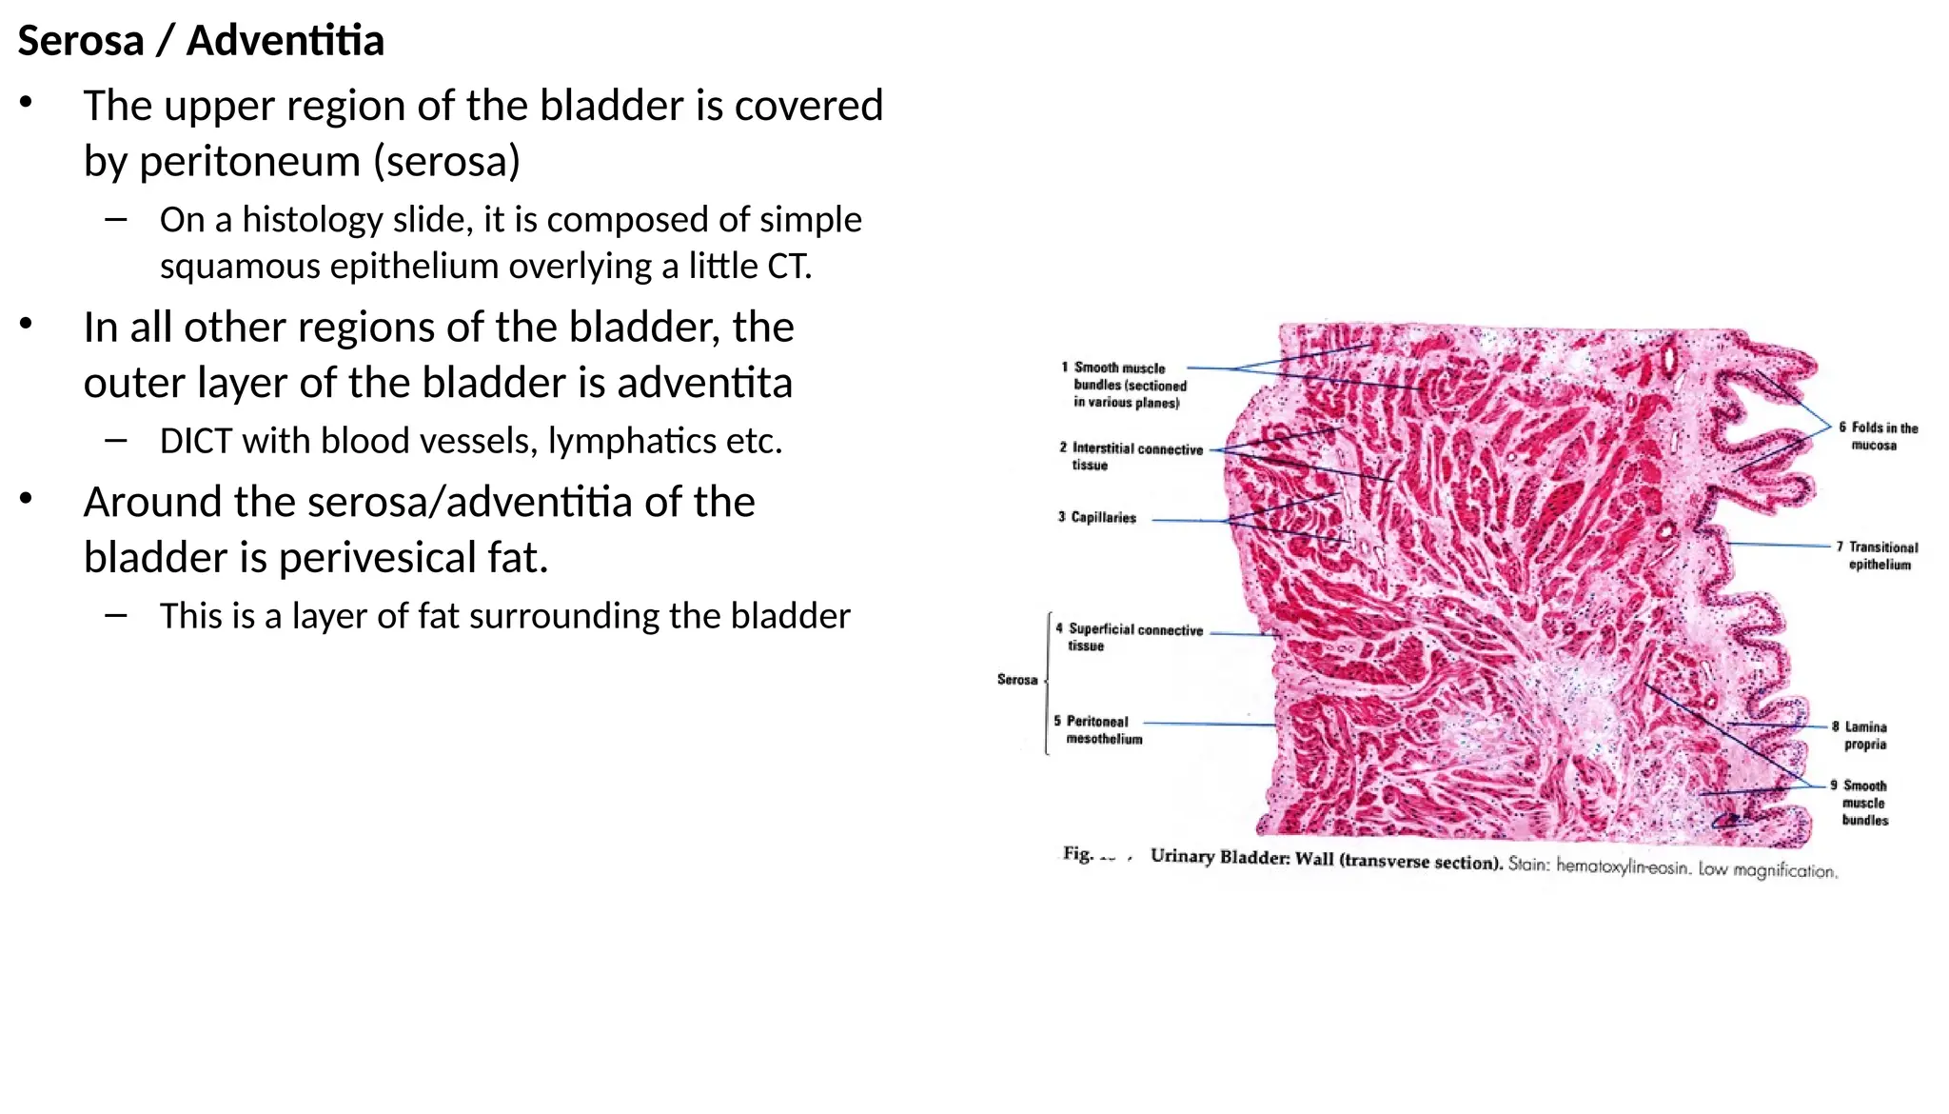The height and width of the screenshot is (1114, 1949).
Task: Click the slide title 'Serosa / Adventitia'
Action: (x=201, y=41)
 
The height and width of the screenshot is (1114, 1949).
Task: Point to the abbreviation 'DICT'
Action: (x=201, y=441)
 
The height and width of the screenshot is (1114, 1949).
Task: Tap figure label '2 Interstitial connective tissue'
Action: (x=1132, y=456)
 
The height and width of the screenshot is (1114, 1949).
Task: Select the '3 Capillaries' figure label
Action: (x=1099, y=517)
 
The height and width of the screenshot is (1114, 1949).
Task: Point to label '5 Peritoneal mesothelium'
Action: (x=1099, y=729)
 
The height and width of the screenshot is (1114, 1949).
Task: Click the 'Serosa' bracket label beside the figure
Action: (x=1016, y=679)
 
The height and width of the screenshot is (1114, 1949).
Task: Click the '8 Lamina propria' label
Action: (x=1863, y=735)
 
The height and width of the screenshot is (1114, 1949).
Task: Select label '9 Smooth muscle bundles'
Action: (x=1862, y=802)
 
